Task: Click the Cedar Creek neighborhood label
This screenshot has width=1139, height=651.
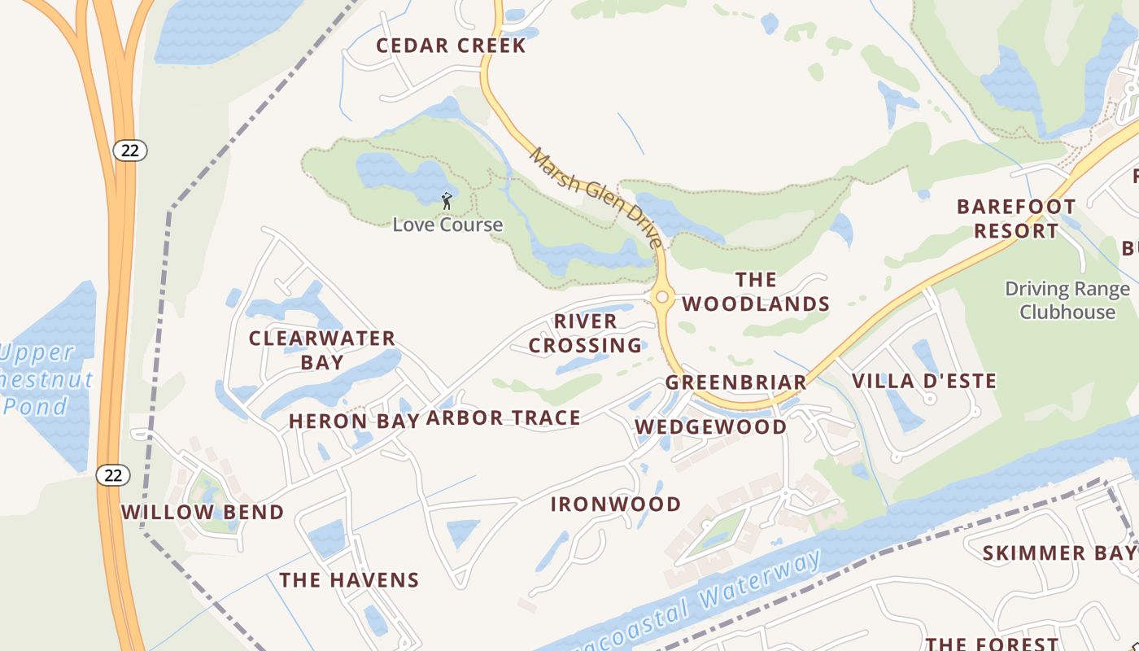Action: tap(451, 46)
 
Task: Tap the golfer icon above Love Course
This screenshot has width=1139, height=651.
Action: tap(446, 200)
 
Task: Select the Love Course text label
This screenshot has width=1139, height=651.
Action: tap(447, 225)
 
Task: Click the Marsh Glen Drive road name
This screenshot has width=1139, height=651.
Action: tap(596, 197)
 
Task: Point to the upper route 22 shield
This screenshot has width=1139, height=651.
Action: tap(130, 150)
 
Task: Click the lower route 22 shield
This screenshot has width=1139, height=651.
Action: tap(113, 475)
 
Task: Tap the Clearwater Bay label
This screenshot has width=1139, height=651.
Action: tap(322, 350)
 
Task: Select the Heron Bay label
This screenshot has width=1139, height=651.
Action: tap(354, 421)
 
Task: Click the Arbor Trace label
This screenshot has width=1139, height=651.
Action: tap(504, 418)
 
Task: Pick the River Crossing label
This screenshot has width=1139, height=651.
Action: tap(586, 333)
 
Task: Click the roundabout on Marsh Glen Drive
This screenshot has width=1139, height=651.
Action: tap(661, 297)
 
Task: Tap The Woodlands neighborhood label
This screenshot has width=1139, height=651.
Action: tap(756, 292)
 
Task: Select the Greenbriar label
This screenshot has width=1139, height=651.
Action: tap(736, 382)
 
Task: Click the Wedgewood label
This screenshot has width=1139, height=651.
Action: tap(711, 427)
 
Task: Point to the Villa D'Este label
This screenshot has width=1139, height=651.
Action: tap(923, 381)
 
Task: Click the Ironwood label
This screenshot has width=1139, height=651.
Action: tap(616, 505)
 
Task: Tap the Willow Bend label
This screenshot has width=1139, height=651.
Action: tap(203, 513)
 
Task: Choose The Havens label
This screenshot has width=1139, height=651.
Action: tap(349, 580)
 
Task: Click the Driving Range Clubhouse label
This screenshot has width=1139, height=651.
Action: tap(1067, 300)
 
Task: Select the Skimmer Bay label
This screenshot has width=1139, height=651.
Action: tap(1058, 553)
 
